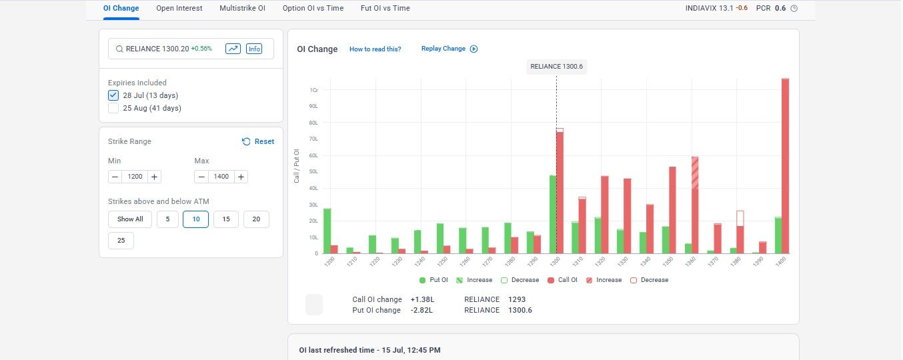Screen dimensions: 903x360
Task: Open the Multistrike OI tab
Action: pos(242,8)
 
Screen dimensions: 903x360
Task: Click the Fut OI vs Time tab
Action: pos(385,8)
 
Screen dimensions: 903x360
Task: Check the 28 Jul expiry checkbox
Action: pos(113,95)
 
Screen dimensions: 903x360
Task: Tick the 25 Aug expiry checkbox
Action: pos(113,108)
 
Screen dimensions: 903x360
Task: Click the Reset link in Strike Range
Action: pos(258,141)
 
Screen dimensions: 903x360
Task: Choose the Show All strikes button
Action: pos(130,219)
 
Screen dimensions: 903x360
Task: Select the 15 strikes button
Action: pos(225,219)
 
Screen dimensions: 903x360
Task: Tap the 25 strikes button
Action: pos(121,241)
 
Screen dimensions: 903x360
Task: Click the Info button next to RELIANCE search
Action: pos(254,49)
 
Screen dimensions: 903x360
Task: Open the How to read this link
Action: pos(375,49)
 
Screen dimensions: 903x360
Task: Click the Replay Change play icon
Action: pos(474,49)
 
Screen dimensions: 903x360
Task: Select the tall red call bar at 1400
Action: pos(785,166)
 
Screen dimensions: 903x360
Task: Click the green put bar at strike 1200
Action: pos(327,231)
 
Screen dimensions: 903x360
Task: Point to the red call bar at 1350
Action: pos(672,210)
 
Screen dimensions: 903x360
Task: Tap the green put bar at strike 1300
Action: pos(553,215)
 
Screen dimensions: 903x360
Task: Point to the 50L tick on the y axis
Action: pos(313,172)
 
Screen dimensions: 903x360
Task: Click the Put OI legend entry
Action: pos(433,280)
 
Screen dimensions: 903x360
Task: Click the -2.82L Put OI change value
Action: pos(421,310)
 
